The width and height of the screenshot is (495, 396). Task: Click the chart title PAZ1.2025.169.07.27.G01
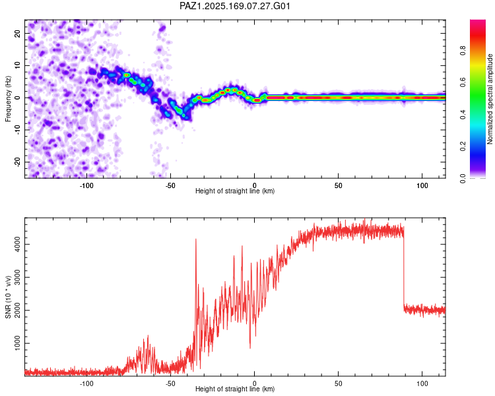[234, 6]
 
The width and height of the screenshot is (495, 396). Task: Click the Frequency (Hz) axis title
[8, 99]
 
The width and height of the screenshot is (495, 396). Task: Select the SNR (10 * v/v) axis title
[8, 297]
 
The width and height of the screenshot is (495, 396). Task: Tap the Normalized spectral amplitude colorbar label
[490, 99]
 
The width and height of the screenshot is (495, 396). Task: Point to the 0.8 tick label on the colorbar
[463, 50]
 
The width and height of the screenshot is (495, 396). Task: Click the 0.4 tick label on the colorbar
[463, 114]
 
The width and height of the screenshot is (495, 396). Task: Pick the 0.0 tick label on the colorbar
[463, 178]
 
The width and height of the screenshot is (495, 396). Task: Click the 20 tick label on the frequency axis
[17, 33]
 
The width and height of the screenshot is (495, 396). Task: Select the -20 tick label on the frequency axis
[17, 162]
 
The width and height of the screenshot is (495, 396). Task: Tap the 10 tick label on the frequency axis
[17, 65]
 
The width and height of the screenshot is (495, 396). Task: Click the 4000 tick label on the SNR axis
[17, 244]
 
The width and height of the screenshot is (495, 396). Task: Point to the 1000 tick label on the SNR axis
[17, 343]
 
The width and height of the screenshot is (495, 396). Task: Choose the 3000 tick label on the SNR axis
[17, 277]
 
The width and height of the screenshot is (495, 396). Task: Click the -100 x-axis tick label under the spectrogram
[86, 185]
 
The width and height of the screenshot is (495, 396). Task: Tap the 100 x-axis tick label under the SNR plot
[422, 383]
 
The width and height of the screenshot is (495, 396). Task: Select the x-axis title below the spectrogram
[235, 191]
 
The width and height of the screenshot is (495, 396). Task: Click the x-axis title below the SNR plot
[235, 389]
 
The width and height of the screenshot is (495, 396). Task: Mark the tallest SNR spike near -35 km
[196, 240]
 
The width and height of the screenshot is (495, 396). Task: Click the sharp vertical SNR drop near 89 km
[404, 269]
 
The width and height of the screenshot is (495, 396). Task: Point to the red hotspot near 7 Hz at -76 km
[126, 75]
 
